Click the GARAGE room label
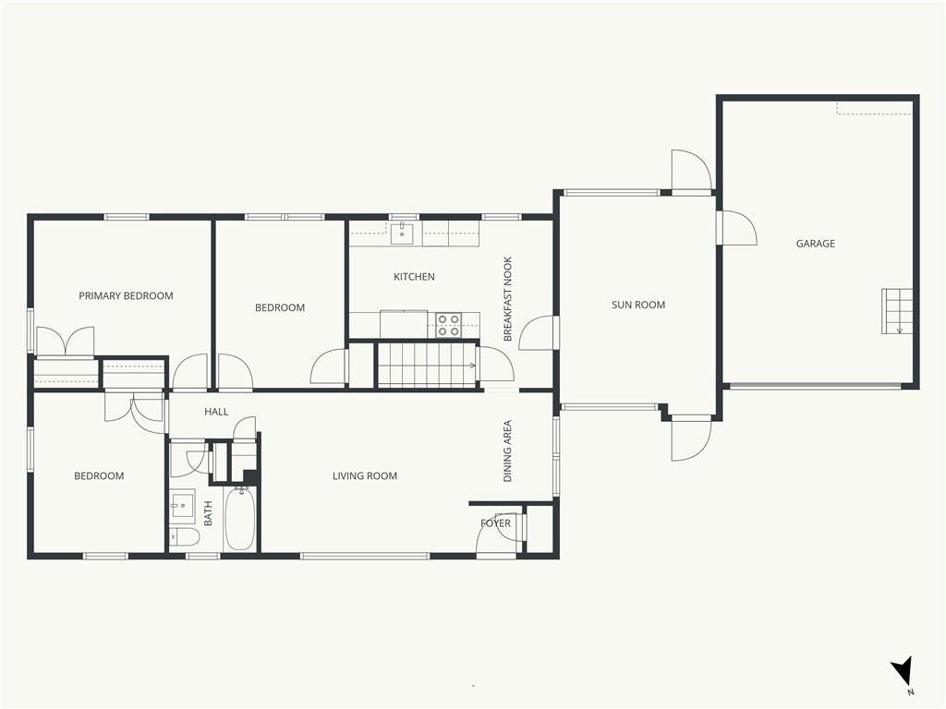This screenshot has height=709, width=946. (x=815, y=244)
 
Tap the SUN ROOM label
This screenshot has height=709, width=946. (x=638, y=305)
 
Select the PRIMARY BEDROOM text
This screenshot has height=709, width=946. (x=126, y=296)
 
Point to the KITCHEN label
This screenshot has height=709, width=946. (x=414, y=277)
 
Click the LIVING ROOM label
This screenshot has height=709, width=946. (x=365, y=475)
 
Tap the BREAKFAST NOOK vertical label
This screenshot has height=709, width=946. (x=507, y=299)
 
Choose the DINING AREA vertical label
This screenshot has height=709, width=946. (x=507, y=451)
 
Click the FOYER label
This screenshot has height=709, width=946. (x=495, y=523)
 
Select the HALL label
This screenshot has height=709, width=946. (x=216, y=412)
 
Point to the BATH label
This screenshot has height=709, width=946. (x=208, y=513)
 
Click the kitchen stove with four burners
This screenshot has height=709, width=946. (x=449, y=325)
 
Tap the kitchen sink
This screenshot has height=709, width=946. (x=402, y=233)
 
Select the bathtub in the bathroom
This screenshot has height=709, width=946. (x=240, y=519)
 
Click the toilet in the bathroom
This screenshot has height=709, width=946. (x=184, y=536)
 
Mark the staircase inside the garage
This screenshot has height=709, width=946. (x=896, y=311)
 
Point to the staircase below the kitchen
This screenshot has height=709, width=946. (x=427, y=365)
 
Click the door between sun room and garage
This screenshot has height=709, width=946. (x=736, y=227)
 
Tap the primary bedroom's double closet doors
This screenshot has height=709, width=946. (x=66, y=342)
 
